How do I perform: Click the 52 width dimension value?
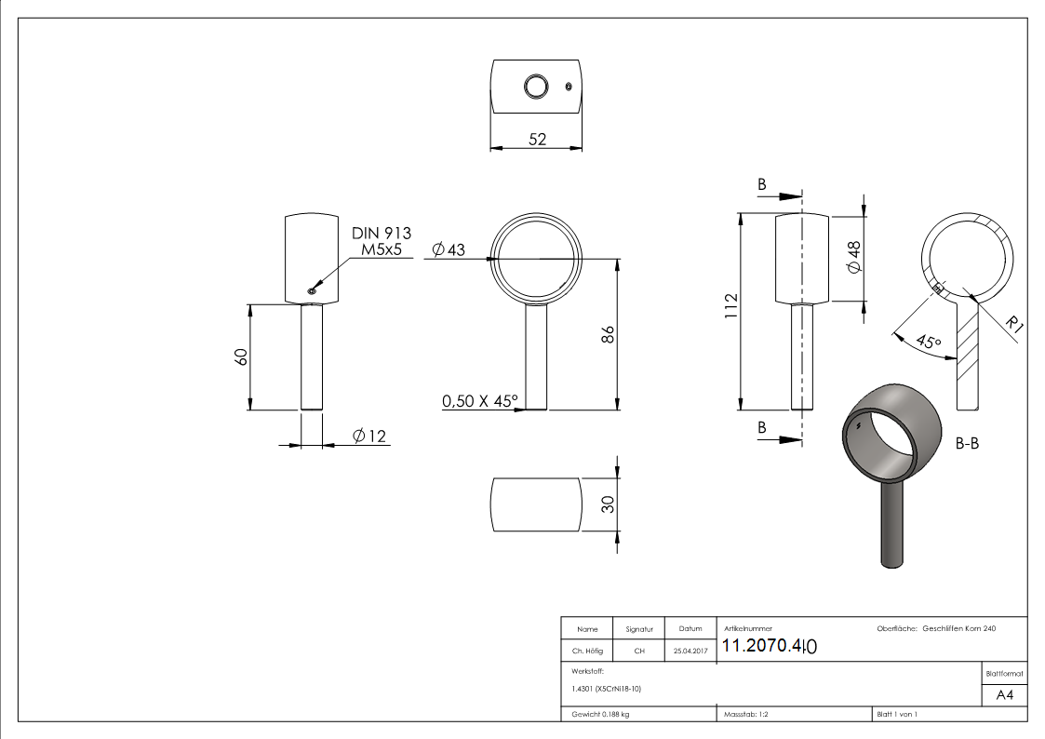tap(537, 139)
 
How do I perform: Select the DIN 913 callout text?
tap(381, 234)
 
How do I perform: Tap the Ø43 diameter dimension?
tap(449, 249)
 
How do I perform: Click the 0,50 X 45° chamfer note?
tap(480, 401)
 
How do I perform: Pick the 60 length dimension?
tap(240, 356)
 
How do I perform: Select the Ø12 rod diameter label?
tap(369, 436)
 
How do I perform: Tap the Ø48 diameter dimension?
tap(853, 256)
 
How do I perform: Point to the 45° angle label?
tap(928, 343)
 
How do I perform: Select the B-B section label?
tap(967, 444)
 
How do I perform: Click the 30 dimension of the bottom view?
tap(608, 504)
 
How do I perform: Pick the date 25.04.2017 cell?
tap(690, 652)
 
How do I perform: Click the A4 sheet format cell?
tap(1004, 694)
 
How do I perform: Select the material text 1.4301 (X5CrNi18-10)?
tap(607, 689)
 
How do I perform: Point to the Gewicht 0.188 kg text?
tap(600, 714)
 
